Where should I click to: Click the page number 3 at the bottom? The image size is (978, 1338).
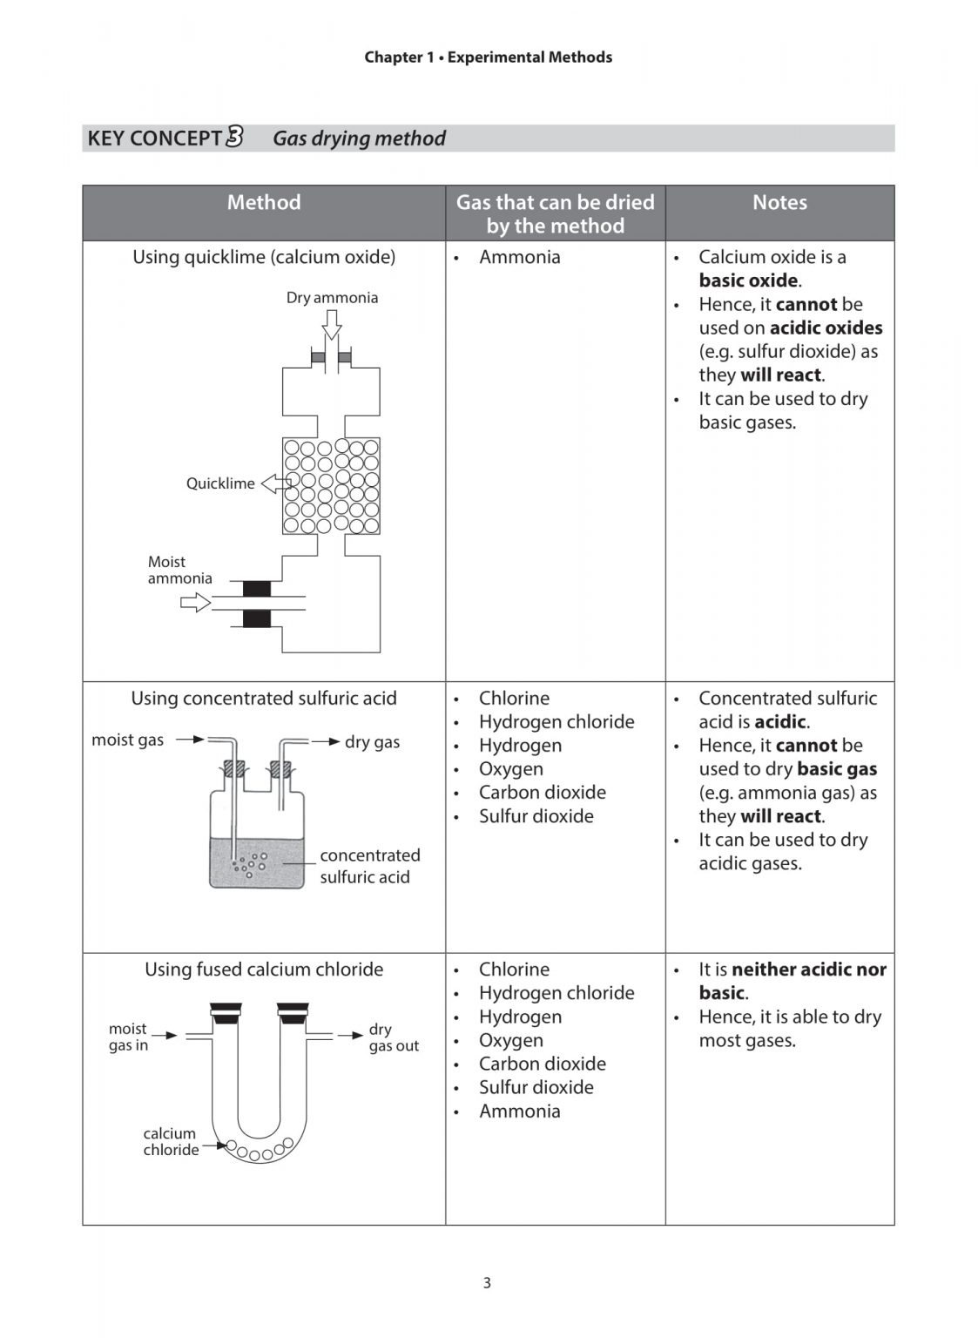[487, 1282]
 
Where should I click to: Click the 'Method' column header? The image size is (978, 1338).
[264, 203]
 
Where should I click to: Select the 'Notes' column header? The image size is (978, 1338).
[779, 203]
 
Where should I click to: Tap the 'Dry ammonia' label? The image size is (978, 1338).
[332, 298]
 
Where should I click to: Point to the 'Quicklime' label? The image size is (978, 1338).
[220, 483]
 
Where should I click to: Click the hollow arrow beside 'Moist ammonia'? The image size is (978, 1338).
[196, 602]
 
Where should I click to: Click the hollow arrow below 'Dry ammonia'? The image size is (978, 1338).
[331, 325]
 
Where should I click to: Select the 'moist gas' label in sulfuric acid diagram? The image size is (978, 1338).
[127, 740]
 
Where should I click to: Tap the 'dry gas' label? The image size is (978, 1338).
[372, 742]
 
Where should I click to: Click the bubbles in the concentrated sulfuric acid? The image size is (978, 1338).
[250, 864]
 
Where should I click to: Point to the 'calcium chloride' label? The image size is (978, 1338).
[171, 1141]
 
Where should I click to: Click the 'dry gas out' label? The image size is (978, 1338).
[393, 1037]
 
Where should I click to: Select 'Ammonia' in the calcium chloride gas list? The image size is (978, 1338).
[519, 1112]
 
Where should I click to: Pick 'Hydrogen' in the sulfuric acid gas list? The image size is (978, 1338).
[520, 746]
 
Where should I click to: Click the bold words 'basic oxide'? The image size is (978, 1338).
[748, 280]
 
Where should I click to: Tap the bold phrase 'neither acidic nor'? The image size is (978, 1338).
[809, 970]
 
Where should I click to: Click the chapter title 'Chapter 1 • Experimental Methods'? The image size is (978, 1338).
[488, 57]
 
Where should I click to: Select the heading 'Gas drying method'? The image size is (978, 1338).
[359, 139]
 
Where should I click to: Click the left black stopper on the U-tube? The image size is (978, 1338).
[226, 1011]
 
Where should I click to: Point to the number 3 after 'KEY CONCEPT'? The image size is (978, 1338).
[234, 137]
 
